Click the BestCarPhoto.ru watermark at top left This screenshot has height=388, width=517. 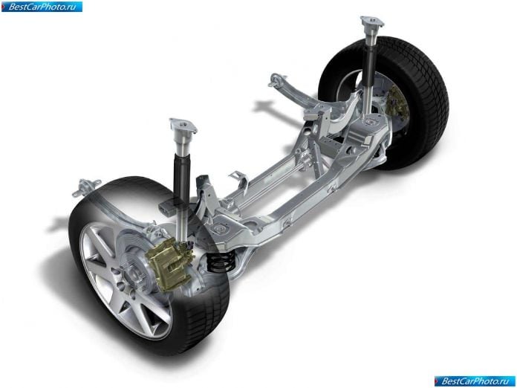click(x=42, y=7)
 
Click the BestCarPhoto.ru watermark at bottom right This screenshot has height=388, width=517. click(x=475, y=381)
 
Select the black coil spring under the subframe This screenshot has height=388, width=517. click(x=220, y=261)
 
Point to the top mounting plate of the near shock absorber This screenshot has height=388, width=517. click(x=183, y=126)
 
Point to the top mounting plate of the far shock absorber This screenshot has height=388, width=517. click(x=372, y=22)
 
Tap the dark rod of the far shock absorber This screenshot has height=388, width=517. click(x=370, y=68)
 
